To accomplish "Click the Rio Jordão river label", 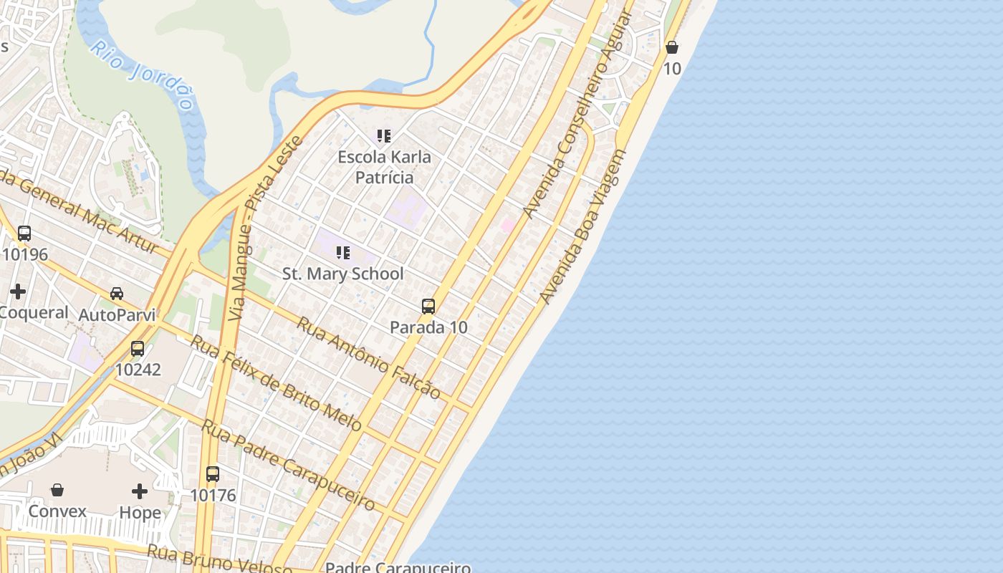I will pos(143,74).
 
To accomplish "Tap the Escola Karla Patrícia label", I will pos(385,167).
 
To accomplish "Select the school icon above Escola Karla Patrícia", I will pos(384,135).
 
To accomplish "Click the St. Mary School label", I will pos(343,274).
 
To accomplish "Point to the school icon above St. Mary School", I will pos(343,252).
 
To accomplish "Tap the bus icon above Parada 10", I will pos(428,307).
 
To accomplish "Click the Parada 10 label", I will pos(428,327).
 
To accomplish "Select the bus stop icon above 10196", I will pos(24,233).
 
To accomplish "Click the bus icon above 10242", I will pos(138,349).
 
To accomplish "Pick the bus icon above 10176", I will pos(213,474).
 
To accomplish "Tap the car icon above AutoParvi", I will pos(117,294).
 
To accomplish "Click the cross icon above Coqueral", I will pos(18,292).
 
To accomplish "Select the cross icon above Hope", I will pos(140,491).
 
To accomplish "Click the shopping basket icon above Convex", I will pos(57,490).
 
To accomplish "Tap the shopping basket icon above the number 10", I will pos(672,48).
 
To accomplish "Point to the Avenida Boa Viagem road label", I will pos(583,226).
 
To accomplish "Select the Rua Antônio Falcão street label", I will pos(368,357).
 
